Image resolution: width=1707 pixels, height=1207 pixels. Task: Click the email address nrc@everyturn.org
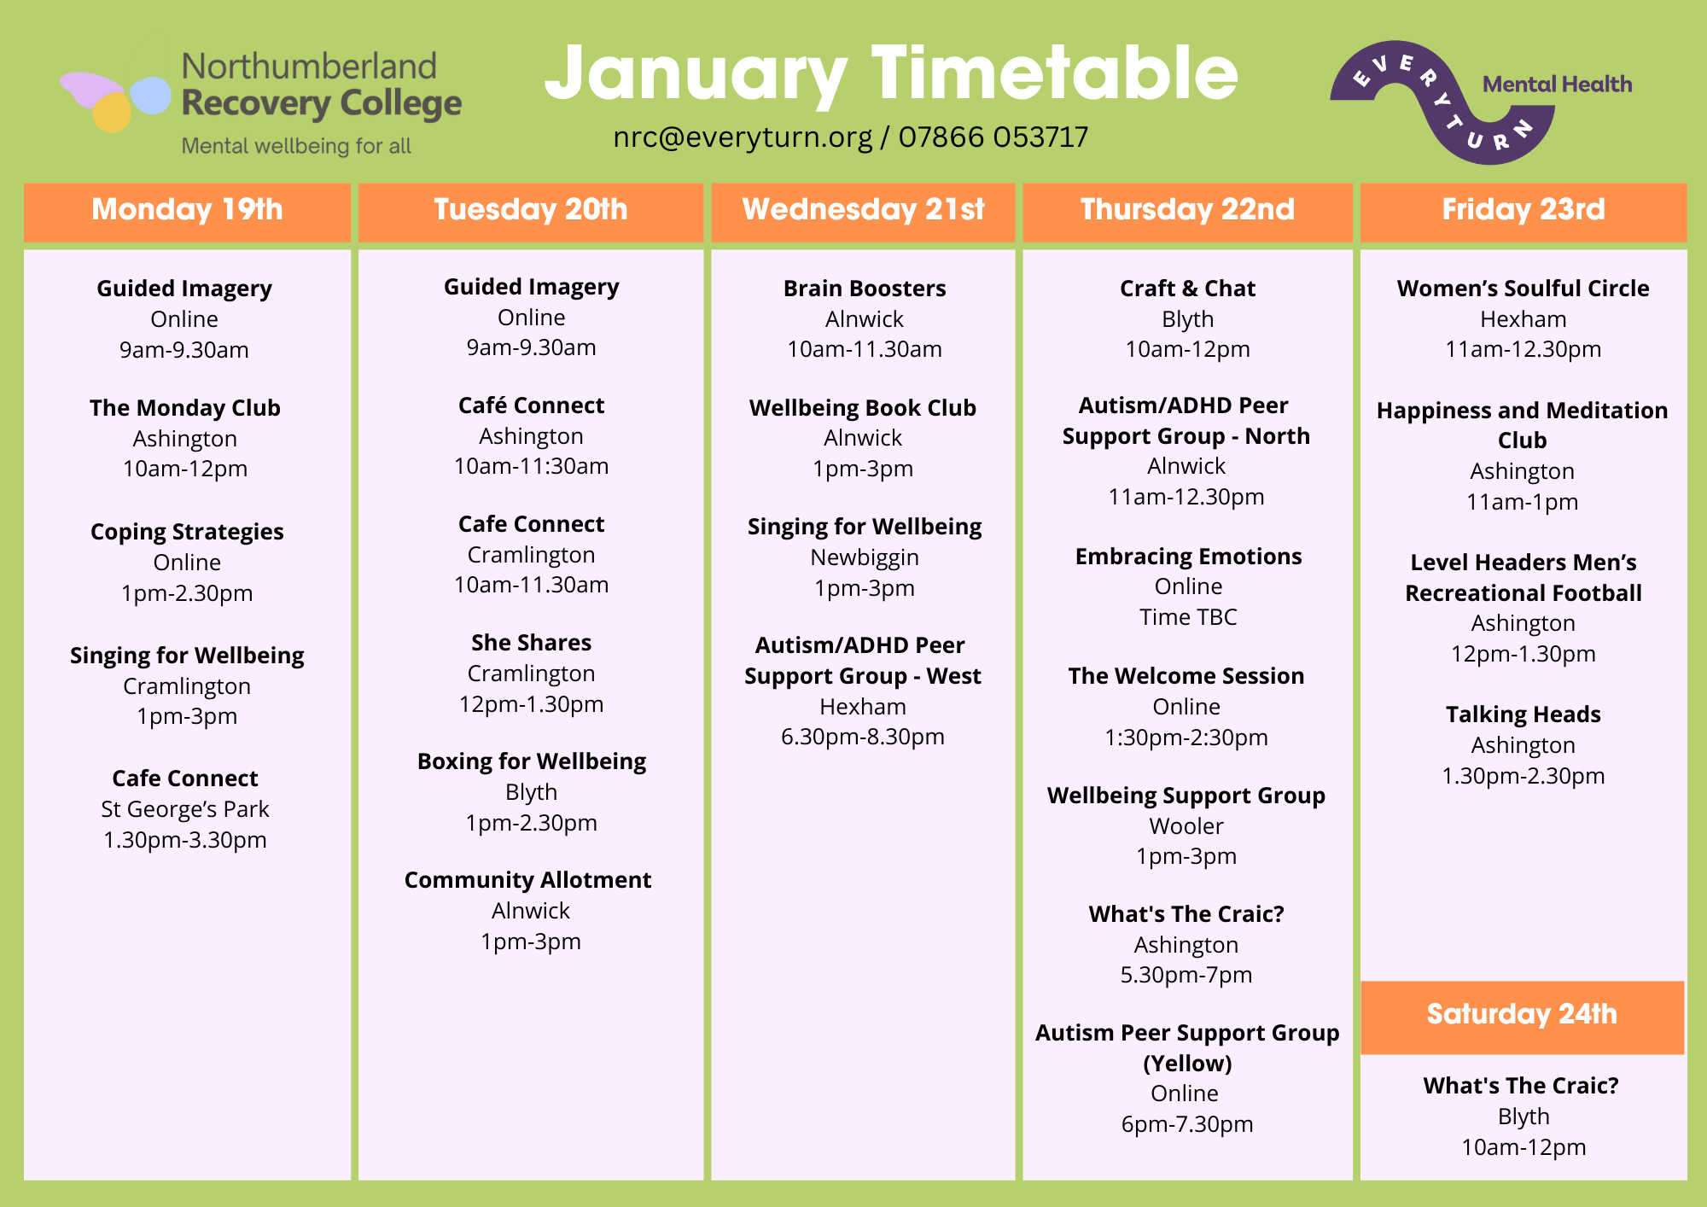click(743, 137)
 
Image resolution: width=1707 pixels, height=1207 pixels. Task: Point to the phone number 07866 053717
click(993, 137)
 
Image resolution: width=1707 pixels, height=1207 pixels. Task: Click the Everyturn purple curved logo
click(1442, 101)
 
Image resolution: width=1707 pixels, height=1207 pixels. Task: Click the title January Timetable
click(891, 75)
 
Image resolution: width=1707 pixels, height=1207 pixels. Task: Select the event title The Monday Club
click(185, 408)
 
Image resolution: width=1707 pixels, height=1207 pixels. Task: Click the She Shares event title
click(531, 643)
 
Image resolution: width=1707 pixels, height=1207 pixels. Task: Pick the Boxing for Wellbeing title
click(532, 761)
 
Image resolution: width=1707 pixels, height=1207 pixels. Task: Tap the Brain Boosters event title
click(865, 289)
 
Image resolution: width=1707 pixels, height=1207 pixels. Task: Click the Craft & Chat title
click(1187, 289)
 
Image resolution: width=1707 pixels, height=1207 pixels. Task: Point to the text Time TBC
click(1188, 617)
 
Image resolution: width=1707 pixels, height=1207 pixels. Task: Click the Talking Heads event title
click(1523, 715)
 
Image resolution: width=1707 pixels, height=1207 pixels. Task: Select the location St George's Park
click(185, 809)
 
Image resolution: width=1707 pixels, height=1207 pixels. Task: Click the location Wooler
click(1186, 826)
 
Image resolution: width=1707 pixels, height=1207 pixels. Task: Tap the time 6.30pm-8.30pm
click(863, 738)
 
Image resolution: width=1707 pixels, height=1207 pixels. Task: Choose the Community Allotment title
click(527, 880)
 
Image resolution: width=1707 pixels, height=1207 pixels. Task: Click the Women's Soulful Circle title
click(1523, 289)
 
